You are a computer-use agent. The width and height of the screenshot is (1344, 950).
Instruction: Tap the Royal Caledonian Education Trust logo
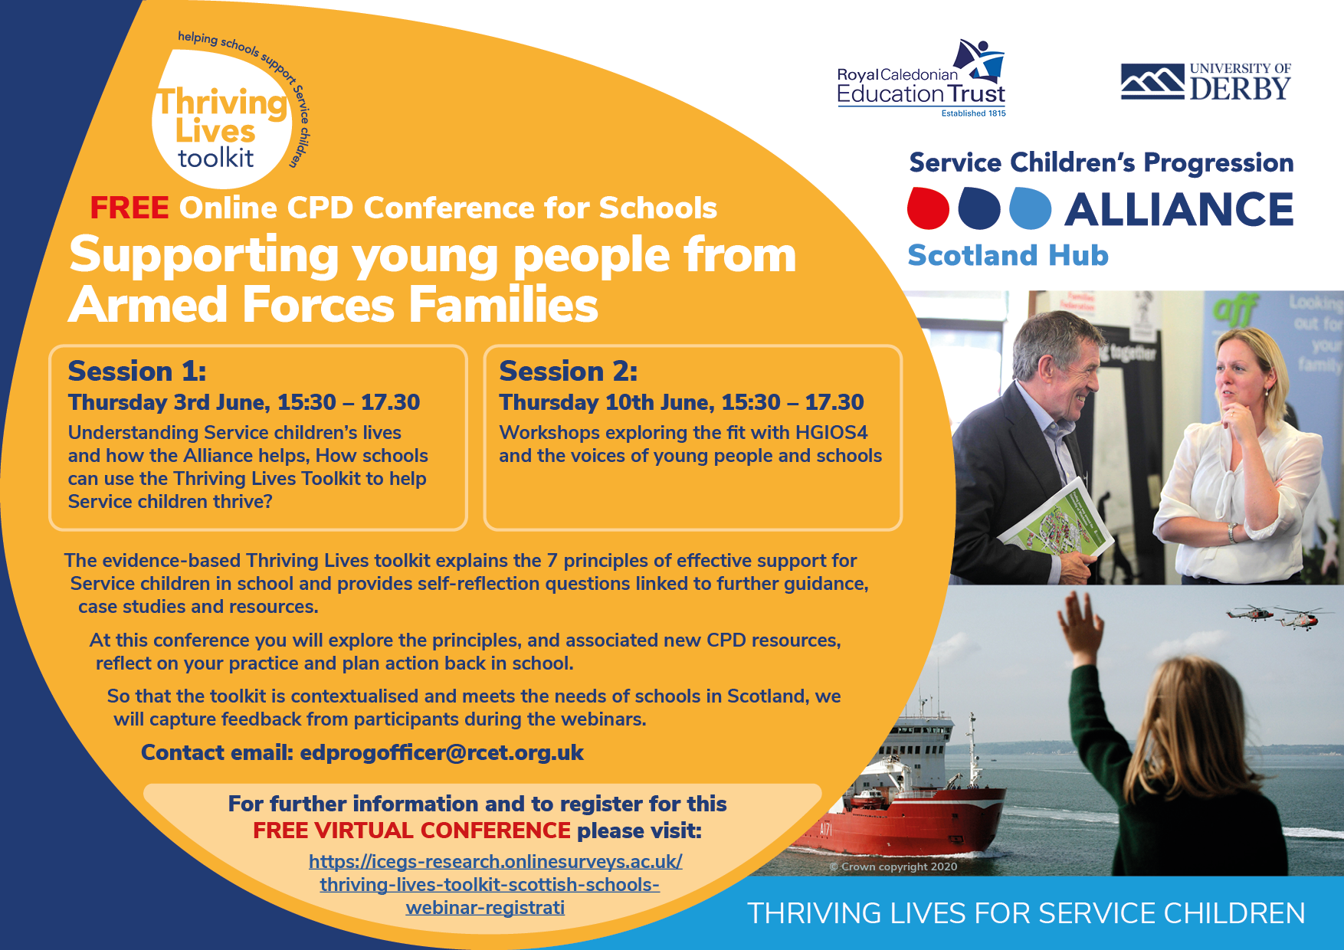pyautogui.click(x=921, y=78)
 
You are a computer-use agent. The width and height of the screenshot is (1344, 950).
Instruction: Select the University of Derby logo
pyautogui.click(x=1206, y=82)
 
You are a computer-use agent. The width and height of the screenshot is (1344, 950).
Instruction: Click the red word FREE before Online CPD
pyautogui.click(x=129, y=208)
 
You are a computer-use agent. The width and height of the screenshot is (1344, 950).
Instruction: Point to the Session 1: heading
pyautogui.click(x=137, y=371)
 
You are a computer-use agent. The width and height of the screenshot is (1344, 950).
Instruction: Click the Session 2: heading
pyautogui.click(x=569, y=371)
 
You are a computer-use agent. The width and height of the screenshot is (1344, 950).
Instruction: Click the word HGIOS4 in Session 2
pyautogui.click(x=831, y=433)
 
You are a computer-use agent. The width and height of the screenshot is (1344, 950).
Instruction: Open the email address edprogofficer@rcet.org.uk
pyautogui.click(x=442, y=752)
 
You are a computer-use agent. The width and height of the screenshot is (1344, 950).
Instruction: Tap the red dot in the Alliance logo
pyautogui.click(x=928, y=208)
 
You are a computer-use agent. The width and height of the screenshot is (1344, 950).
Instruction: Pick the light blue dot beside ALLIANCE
pyautogui.click(x=1031, y=208)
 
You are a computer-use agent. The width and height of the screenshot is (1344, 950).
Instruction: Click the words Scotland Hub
pyautogui.click(x=1008, y=255)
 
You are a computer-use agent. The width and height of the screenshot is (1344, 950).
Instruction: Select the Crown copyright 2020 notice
pyautogui.click(x=893, y=866)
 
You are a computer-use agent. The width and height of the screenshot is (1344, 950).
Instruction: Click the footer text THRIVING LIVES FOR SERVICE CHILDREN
pyautogui.click(x=1026, y=913)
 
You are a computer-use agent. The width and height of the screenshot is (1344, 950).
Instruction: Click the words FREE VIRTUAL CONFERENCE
pyautogui.click(x=411, y=830)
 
